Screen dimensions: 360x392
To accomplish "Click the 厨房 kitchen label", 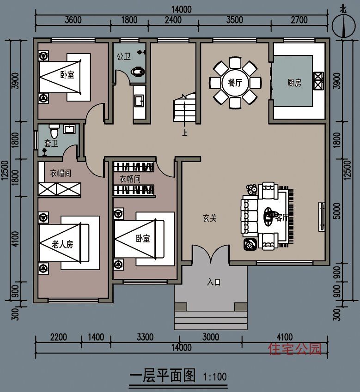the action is (x=294, y=83).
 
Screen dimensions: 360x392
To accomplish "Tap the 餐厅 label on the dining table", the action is (x=235, y=82).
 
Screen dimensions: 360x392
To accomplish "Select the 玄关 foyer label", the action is (x=210, y=218).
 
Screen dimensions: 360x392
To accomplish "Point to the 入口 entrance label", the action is (x=214, y=282).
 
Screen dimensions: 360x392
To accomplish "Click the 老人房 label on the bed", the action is (x=62, y=244).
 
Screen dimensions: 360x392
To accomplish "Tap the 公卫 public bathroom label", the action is (x=123, y=56).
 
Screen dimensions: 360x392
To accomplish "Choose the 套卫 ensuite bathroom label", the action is (x=51, y=143).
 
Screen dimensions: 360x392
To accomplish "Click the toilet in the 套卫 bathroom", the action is (x=54, y=131).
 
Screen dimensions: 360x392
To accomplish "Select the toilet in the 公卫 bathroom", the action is (x=138, y=72).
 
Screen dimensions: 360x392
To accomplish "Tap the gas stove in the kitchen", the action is (x=318, y=81).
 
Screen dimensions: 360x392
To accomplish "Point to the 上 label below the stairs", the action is (x=185, y=133).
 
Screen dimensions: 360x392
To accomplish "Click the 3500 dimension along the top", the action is (x=234, y=20).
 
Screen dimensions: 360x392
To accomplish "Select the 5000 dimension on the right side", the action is (x=337, y=211).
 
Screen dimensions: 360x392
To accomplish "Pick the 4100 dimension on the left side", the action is (x=15, y=239).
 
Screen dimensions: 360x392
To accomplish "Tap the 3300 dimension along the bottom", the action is (x=145, y=337).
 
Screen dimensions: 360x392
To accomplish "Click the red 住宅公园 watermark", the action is (x=295, y=349).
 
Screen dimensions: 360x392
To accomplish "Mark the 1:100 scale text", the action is (x=214, y=377).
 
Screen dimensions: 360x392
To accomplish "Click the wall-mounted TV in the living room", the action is (x=322, y=217).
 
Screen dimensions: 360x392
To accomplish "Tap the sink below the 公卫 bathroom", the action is (x=139, y=101).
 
